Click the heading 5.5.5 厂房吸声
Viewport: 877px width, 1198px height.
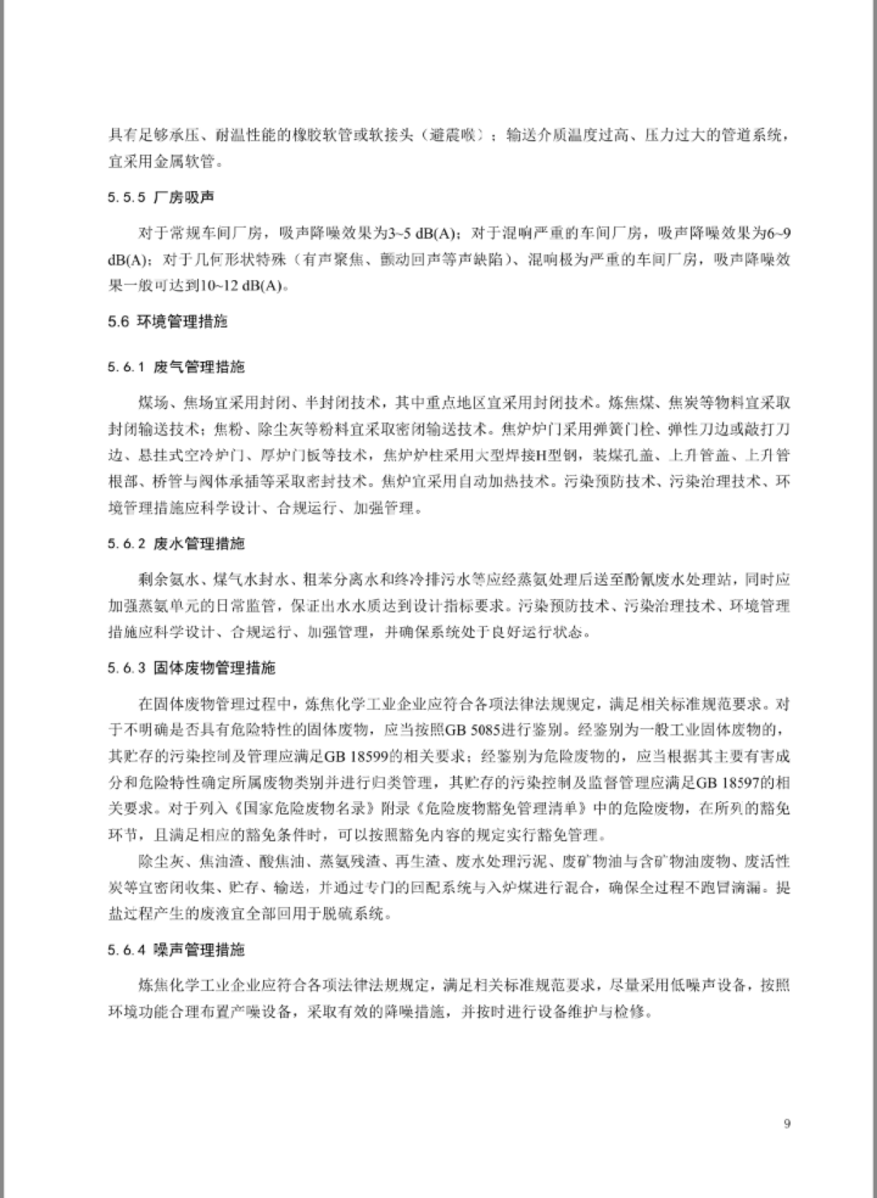point(161,198)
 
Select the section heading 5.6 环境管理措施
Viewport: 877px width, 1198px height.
point(167,321)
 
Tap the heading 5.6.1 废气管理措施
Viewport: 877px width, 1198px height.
point(175,367)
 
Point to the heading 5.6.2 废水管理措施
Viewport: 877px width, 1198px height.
point(175,543)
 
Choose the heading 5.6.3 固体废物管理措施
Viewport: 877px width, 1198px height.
point(191,667)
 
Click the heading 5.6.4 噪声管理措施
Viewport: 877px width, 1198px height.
point(175,949)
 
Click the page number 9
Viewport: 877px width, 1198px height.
point(787,1123)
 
